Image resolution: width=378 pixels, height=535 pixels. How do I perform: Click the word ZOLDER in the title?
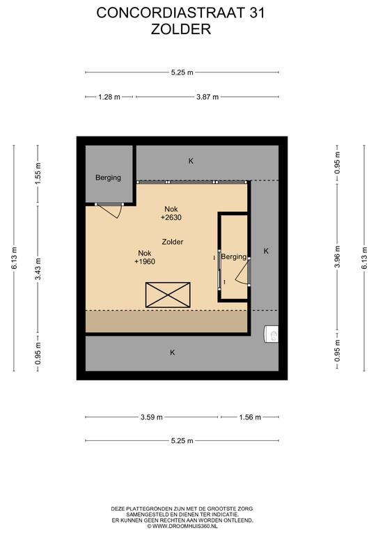click(181, 29)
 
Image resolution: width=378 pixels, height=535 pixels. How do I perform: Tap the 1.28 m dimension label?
click(109, 97)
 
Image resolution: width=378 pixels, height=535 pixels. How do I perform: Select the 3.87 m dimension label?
click(207, 97)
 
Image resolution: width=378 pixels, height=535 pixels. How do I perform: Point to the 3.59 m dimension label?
click(152, 417)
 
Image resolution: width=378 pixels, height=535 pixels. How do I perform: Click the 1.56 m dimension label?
click(250, 417)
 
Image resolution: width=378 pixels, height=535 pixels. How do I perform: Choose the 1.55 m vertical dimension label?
click(38, 174)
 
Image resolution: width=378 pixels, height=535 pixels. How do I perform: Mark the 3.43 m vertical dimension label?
click(38, 269)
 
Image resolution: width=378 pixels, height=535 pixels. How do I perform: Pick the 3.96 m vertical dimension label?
click(337, 256)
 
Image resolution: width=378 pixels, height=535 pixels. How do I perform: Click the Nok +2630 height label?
click(171, 213)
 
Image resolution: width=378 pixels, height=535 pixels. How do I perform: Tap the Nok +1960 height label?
click(145, 257)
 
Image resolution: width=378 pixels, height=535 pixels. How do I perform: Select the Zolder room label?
click(173, 242)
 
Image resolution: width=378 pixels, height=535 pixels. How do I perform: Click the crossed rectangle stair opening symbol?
click(168, 295)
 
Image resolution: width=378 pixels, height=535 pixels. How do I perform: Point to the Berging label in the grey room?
click(108, 178)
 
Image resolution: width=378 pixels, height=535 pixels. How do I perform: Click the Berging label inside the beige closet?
click(233, 256)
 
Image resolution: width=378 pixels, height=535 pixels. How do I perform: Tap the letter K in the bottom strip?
click(173, 352)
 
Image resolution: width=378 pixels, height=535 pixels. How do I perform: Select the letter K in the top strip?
click(191, 161)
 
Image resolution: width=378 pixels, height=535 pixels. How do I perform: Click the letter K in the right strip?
click(266, 251)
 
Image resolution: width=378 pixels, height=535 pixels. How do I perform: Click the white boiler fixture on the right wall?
click(271, 334)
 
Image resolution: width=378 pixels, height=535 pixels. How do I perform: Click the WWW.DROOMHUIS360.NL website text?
click(182, 526)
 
